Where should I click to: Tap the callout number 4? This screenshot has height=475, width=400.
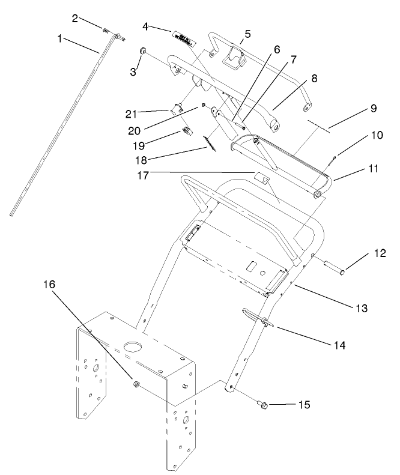point(145,26)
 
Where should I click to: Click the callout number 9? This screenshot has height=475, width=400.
point(372,109)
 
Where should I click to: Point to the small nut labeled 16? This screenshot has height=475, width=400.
point(135,382)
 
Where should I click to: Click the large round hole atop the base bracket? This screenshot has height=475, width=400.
point(133,347)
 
